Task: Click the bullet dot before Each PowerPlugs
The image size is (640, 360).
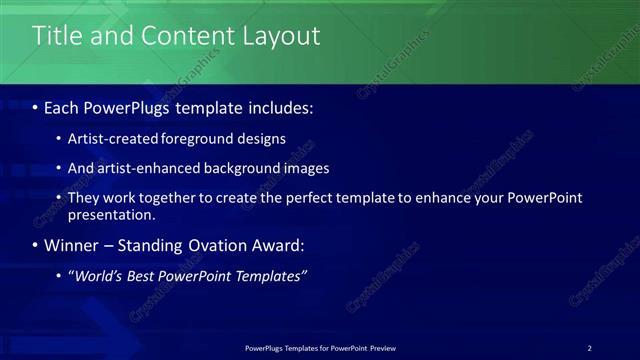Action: (36, 107)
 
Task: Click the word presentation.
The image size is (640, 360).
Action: (111, 214)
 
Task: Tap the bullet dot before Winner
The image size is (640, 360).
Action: (36, 245)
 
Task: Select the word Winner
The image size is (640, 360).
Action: (71, 245)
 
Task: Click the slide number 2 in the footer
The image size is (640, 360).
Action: (589, 347)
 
